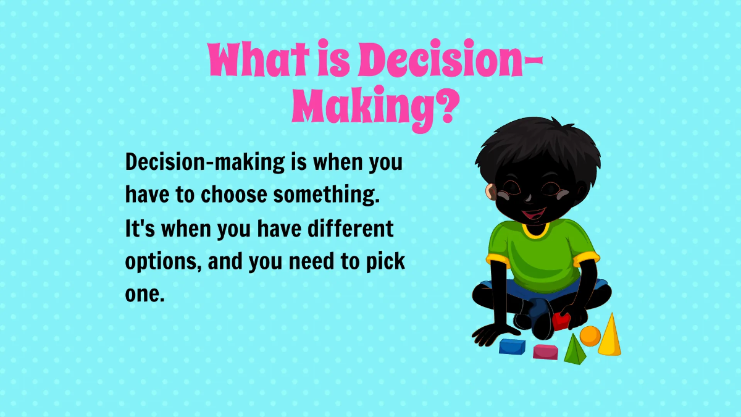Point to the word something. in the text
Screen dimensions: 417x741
325,195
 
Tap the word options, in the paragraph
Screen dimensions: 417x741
163,262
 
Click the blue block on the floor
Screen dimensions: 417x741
512,347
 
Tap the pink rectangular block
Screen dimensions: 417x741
545,352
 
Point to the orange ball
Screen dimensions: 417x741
590,336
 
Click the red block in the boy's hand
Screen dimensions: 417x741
561,321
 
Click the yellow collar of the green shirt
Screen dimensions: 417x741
535,232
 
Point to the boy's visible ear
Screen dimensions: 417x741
491,192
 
